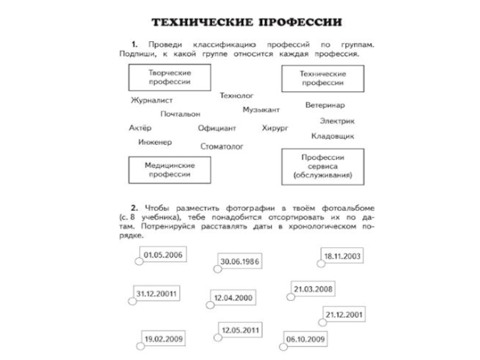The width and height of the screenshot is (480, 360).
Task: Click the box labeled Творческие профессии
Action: coord(170,77)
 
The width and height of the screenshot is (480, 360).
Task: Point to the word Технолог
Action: coord(237,95)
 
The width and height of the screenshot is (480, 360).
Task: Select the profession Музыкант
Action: coord(261,110)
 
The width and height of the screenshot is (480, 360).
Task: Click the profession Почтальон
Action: coord(181,113)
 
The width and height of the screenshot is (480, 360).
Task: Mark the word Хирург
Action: coord(275,128)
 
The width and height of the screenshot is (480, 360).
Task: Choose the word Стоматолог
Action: coord(222,146)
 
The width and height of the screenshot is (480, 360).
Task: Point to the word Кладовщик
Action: coord(332,136)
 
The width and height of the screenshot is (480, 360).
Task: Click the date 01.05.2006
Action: coord(163,254)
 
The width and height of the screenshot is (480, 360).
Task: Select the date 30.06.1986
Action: coord(239,262)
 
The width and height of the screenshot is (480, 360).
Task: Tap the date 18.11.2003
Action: coord(342,256)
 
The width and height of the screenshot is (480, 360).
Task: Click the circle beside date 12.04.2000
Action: coord(211,304)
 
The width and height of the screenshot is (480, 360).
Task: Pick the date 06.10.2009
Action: coord(305,340)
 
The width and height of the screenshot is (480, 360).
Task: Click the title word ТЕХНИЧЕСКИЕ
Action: coord(199,23)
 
